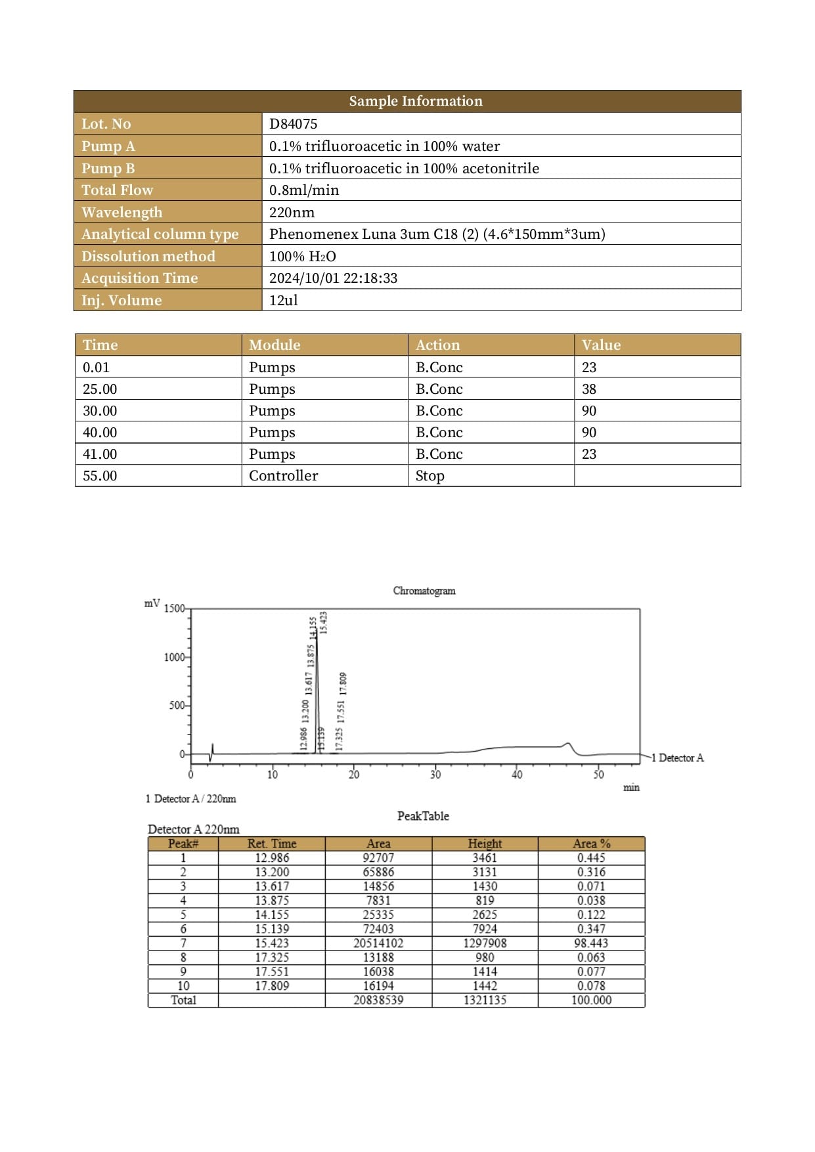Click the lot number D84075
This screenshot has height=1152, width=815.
click(x=293, y=124)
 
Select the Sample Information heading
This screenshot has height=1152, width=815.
click(x=415, y=101)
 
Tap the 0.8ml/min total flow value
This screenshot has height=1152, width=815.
click(x=304, y=190)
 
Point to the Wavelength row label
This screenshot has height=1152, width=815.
click(x=121, y=212)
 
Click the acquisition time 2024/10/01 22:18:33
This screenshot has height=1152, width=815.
click(x=333, y=278)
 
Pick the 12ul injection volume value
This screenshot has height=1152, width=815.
click(x=283, y=301)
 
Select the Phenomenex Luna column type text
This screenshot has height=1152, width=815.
click(x=437, y=234)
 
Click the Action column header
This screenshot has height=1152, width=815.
click(x=437, y=345)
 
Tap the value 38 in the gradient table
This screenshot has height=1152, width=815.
click(x=589, y=389)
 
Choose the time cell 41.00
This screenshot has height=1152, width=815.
click(x=100, y=454)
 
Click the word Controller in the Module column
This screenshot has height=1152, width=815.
click(x=283, y=476)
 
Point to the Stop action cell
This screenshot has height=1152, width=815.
click(x=430, y=476)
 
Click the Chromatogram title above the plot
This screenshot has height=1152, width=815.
click(x=424, y=591)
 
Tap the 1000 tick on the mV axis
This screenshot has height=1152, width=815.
click(x=175, y=657)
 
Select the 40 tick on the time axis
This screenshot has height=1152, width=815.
click(x=517, y=775)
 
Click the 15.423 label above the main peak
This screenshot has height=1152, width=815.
click(x=323, y=622)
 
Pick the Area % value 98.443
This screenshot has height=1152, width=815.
click(x=591, y=943)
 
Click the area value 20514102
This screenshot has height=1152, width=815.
click(x=378, y=943)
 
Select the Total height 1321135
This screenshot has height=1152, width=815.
click(x=485, y=1000)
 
